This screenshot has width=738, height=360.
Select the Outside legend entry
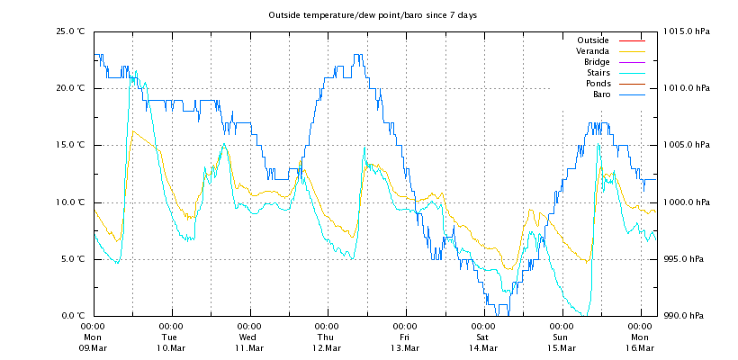[592, 40]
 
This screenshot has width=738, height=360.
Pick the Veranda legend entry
[592, 51]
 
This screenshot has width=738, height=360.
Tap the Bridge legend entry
[596, 62]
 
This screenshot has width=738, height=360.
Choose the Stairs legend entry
[598, 73]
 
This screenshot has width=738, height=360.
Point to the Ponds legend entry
[597, 84]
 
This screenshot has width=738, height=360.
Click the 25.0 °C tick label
[70, 31]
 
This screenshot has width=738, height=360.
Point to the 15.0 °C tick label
[70, 145]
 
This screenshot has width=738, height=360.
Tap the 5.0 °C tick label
[72, 259]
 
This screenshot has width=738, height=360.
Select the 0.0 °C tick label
[72, 316]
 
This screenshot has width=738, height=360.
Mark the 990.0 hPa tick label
[688, 316]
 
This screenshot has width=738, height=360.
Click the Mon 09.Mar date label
[94, 337]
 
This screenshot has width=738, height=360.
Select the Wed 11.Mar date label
[249, 337]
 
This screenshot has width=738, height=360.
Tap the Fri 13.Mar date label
[406, 337]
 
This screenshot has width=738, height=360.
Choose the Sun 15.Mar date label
[562, 337]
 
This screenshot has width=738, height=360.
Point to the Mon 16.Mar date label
[640, 337]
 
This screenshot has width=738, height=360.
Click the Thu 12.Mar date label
[328, 337]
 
